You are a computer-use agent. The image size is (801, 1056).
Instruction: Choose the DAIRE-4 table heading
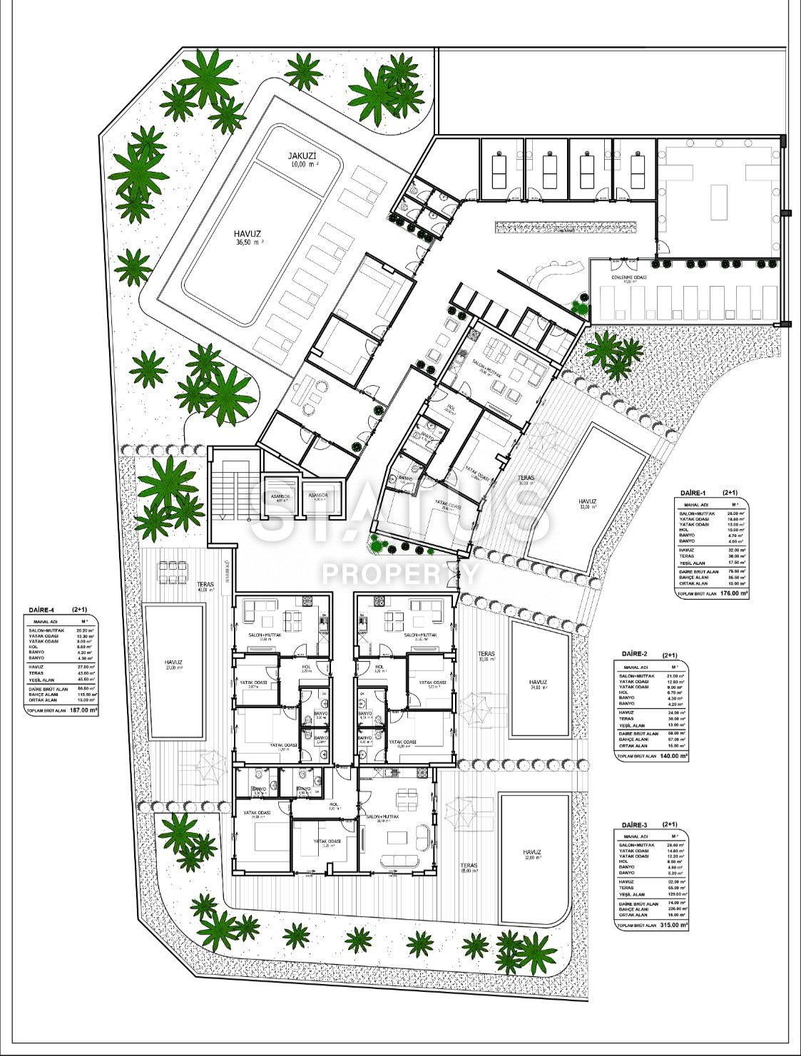(44, 610)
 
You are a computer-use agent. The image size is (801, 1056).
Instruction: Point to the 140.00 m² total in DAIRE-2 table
(673, 755)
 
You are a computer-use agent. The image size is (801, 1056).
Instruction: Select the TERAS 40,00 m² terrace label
(205, 586)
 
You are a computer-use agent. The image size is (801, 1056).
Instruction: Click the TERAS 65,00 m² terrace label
(469, 869)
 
